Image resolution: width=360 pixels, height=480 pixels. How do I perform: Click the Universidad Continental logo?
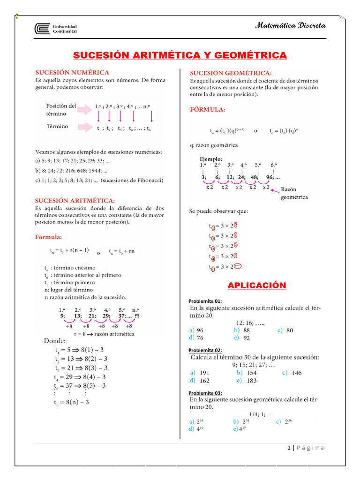click(x=55, y=29)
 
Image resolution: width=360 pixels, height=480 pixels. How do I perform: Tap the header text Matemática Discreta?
click(x=290, y=25)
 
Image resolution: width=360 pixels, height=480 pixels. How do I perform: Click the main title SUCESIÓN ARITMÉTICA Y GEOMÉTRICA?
click(x=180, y=56)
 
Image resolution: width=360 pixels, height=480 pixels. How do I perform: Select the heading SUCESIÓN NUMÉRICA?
click(x=73, y=73)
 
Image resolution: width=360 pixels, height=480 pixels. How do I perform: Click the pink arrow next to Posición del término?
click(x=86, y=109)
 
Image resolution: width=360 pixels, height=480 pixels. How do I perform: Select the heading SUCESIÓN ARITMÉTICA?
click(x=75, y=201)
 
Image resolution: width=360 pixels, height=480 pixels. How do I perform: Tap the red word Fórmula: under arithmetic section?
click(x=49, y=237)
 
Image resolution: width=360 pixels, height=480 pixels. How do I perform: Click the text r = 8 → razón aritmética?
click(x=105, y=334)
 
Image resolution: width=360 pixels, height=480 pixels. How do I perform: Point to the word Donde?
click(x=55, y=341)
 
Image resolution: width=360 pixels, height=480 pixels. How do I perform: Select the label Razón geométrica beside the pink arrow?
click(x=294, y=194)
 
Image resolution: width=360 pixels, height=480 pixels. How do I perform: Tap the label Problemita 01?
click(x=205, y=301)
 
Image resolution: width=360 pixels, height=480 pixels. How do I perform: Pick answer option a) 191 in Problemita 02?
click(x=200, y=373)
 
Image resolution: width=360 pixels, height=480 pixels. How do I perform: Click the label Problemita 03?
click(x=205, y=393)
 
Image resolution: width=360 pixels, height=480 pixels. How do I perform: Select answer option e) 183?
click(x=247, y=381)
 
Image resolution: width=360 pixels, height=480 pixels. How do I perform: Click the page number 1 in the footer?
click(x=289, y=448)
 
